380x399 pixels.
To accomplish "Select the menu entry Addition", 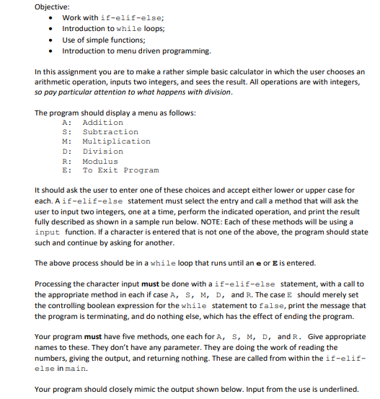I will tap(103, 123).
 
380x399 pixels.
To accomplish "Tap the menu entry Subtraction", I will tap(110, 132).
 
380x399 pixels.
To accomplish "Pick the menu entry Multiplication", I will tap(117, 141).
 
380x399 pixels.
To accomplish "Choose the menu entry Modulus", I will tap(100, 161).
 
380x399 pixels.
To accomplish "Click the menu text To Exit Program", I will tap(120, 170).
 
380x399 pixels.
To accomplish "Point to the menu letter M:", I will tap(67, 141).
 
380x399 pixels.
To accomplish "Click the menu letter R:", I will tap(67, 161).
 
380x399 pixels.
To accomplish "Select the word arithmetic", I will tap(53, 82).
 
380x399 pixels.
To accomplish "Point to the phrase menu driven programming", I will tap(164, 51).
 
